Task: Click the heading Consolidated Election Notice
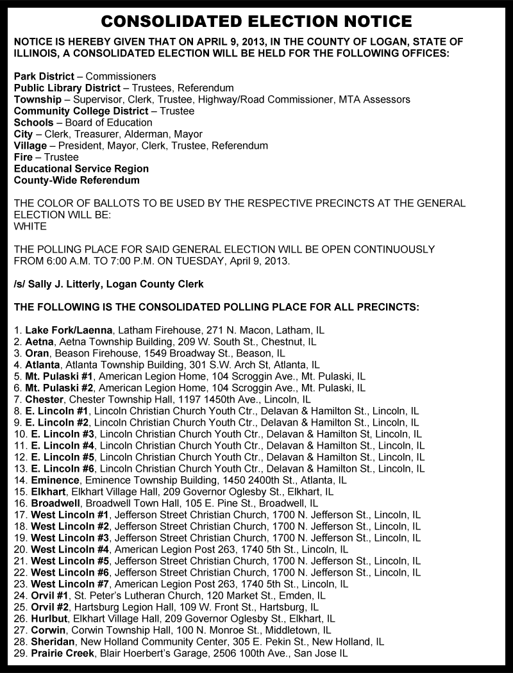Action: tap(256, 22)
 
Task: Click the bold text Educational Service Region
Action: tap(81, 169)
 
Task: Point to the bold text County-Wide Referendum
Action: tap(76, 180)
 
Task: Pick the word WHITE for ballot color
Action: tap(30, 226)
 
